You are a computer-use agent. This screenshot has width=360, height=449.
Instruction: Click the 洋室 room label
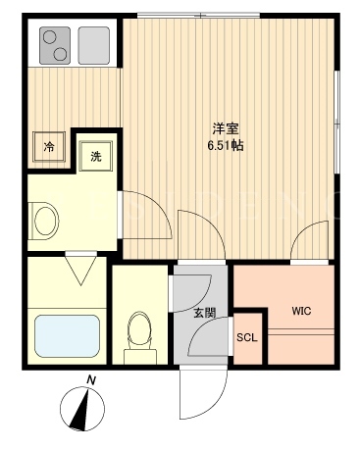click(x=226, y=128)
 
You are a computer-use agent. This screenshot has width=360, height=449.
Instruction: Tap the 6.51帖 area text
click(x=226, y=145)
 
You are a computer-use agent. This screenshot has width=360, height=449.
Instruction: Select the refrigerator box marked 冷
click(x=49, y=147)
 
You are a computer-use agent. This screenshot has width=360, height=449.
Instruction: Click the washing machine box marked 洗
click(x=96, y=156)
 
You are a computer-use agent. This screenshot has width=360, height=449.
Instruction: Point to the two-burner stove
click(x=55, y=45)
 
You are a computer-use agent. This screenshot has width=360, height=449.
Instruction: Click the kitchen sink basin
click(x=94, y=45)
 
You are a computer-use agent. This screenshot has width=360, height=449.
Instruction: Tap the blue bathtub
click(x=67, y=336)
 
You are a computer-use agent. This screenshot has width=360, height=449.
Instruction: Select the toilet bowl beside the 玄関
click(x=140, y=337)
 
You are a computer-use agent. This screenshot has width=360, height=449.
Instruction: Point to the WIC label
click(x=301, y=311)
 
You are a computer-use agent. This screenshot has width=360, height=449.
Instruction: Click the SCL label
click(x=247, y=337)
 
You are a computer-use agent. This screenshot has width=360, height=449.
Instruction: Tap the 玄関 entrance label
click(x=205, y=313)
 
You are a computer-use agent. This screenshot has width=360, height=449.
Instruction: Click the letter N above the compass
click(x=91, y=380)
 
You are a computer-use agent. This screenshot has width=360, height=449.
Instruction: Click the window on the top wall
click(x=198, y=15)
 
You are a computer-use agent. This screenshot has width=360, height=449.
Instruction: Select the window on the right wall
click(x=336, y=122)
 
